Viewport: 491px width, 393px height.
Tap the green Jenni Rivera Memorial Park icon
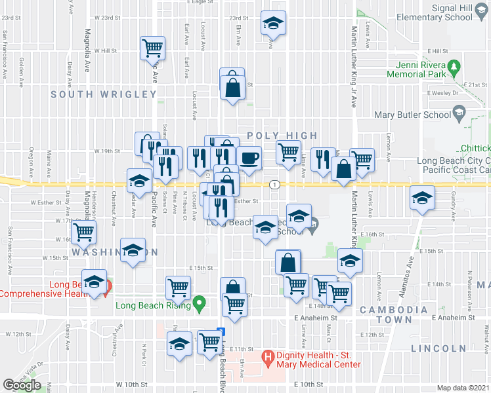point(452,66)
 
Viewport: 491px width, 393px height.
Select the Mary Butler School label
point(412,115)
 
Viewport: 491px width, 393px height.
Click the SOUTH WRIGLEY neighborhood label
point(104,94)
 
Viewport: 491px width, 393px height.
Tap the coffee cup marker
point(249,158)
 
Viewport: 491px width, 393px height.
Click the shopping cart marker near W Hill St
point(152,47)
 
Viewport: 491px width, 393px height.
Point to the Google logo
point(22,385)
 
